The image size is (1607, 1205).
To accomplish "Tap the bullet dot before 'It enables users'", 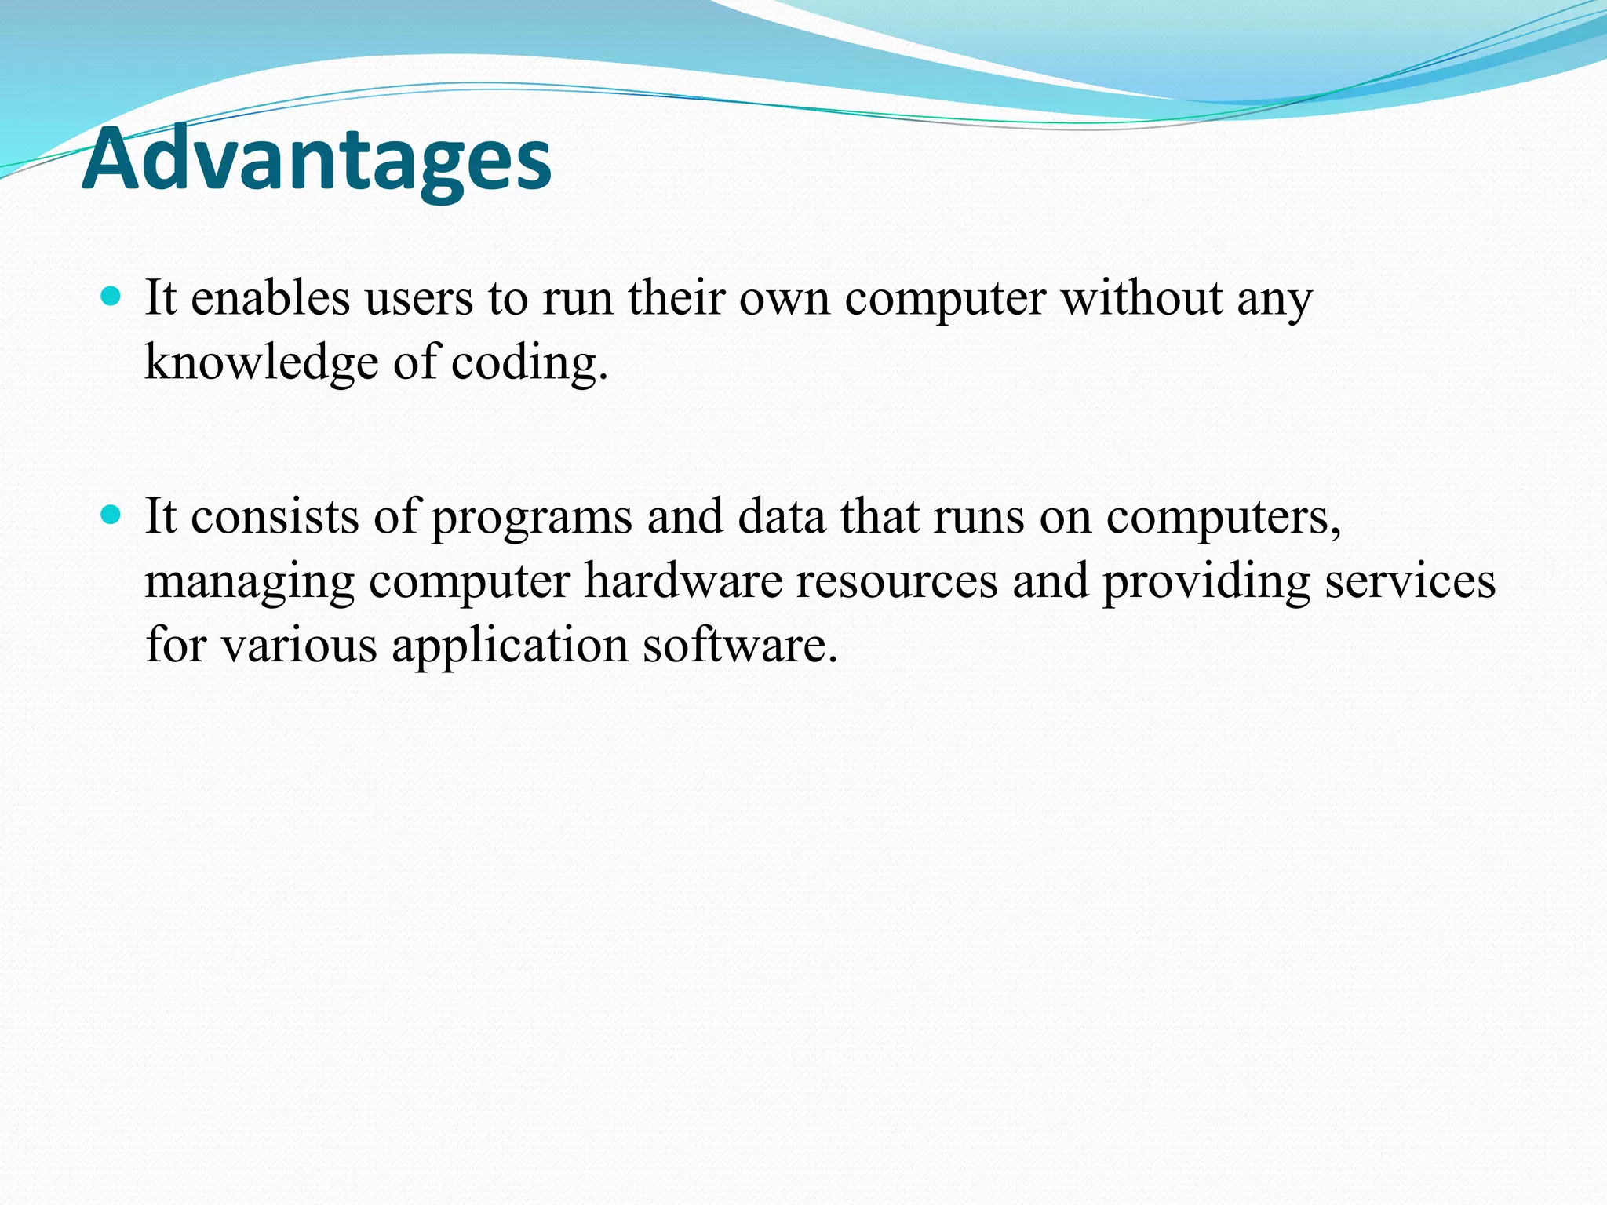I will pos(111,297).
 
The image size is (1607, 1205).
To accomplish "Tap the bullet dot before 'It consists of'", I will pos(111,515).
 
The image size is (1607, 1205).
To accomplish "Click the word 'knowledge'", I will pos(261,363).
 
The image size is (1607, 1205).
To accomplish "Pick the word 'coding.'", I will pos(530,363).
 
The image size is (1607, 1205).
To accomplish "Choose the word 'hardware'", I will pos(683,581).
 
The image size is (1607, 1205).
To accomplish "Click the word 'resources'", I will pos(896,581).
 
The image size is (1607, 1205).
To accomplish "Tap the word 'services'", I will pos(1410,581).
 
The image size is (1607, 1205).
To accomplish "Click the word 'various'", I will pos(298,646).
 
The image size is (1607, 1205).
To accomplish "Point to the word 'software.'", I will pos(740,646).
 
